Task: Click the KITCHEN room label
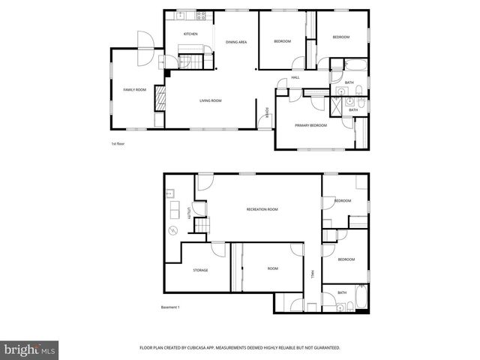[190, 34]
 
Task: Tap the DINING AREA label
[236, 42]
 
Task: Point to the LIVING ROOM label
[210, 100]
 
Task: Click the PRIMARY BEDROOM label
[310, 125]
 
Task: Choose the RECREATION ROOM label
[262, 209]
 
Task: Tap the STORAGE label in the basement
[200, 270]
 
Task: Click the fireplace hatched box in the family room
[159, 98]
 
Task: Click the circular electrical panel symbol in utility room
[172, 229]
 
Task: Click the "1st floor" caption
[117, 144]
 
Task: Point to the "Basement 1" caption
[171, 307]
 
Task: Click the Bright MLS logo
[31, 349]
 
